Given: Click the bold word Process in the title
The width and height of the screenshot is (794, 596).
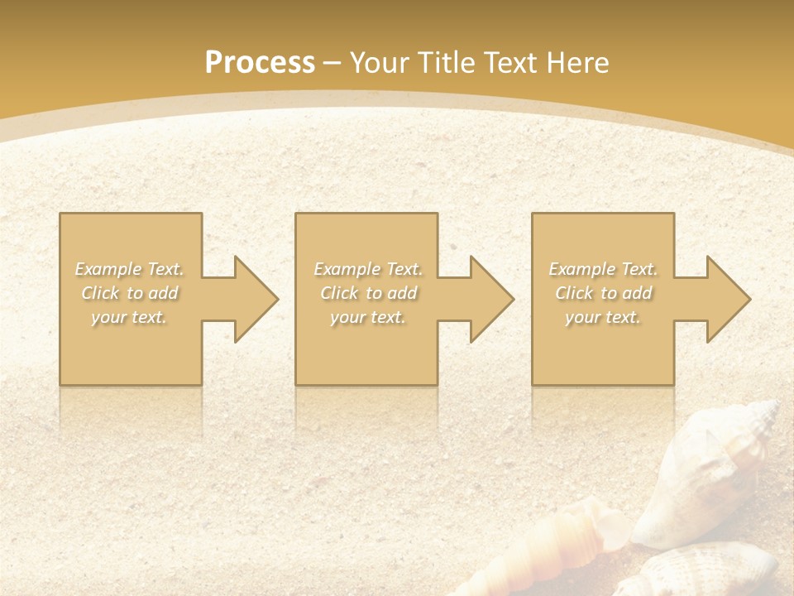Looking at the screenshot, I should pos(260,63).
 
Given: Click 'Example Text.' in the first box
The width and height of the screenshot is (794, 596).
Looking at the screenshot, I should pos(130,269).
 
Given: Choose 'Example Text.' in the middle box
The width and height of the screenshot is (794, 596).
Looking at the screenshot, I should pos(368,269).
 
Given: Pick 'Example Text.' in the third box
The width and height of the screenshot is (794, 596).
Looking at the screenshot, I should pos(603,269).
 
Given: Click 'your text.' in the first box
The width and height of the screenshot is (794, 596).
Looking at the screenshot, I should pos(130,317).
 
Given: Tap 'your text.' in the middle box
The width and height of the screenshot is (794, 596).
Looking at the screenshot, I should pos(368,317).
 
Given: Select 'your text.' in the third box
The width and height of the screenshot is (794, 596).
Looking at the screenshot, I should pos(603,317).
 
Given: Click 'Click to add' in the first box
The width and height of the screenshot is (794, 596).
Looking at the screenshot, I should pos(130,293).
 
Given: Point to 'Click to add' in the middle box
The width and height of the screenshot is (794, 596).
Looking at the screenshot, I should pos(368,293).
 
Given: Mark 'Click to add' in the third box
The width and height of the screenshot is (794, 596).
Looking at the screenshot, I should pos(603,293).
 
